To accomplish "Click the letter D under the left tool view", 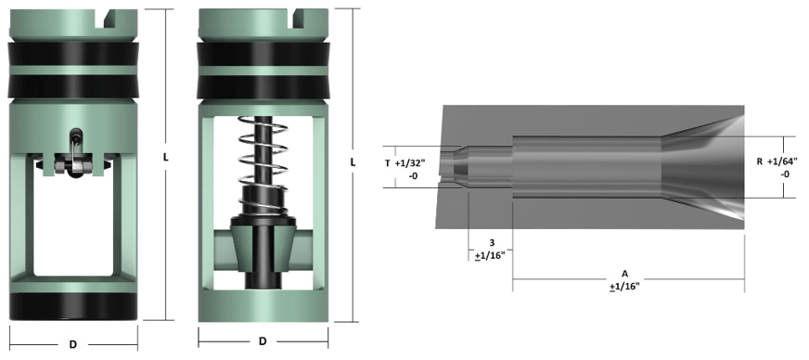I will (73, 344).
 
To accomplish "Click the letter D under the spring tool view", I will (263, 341).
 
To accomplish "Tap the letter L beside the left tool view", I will (165, 158).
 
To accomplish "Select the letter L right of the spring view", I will (353, 161).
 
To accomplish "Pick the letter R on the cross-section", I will (760, 161).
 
